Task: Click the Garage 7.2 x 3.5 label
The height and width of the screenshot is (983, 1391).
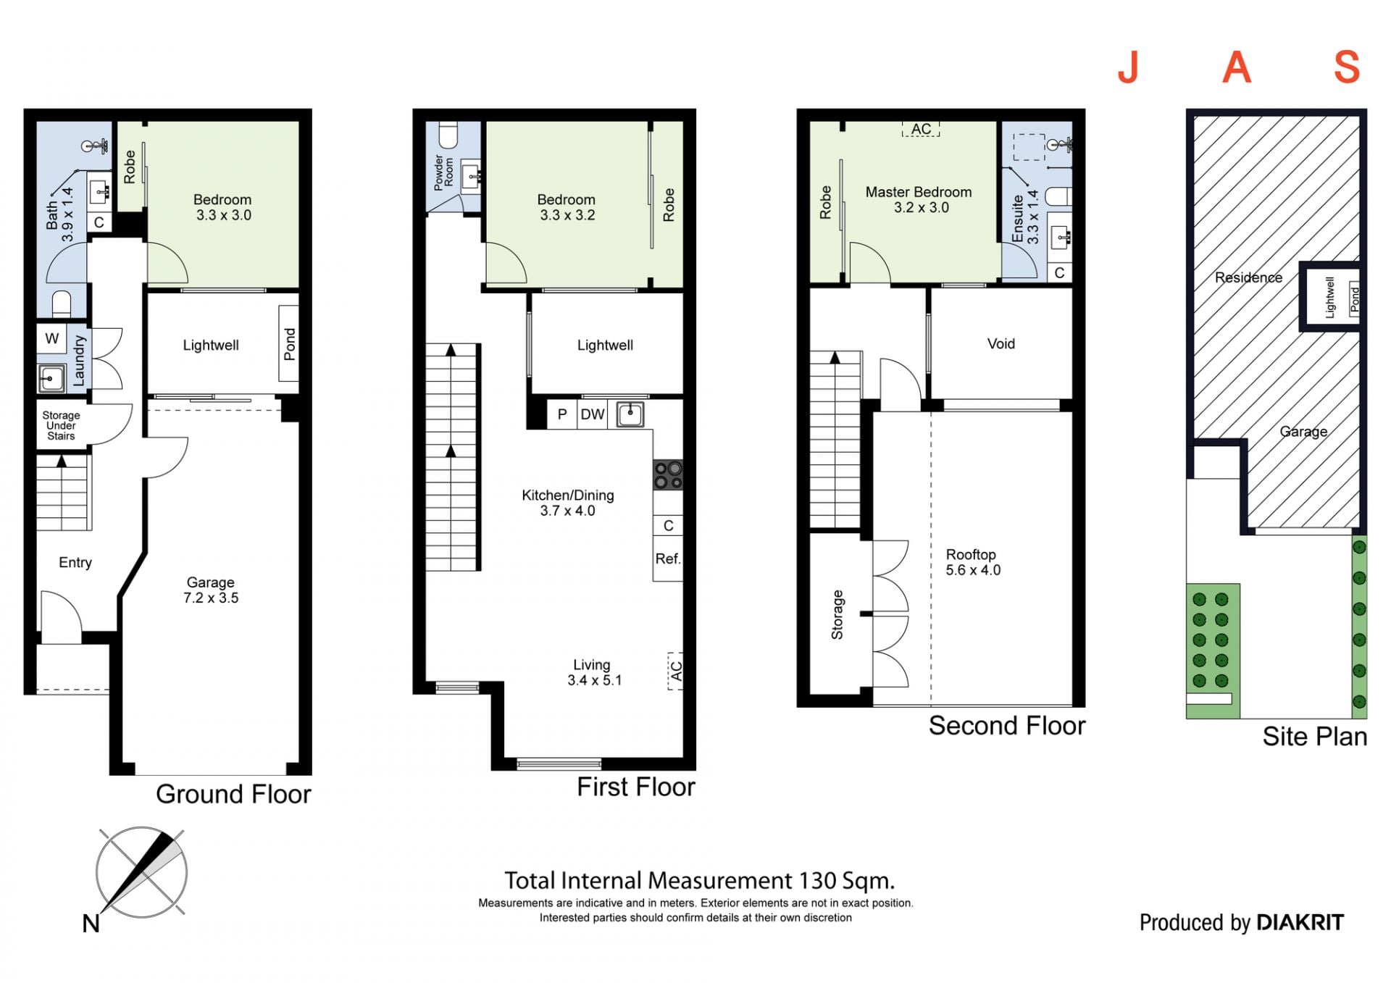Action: pyautogui.click(x=211, y=590)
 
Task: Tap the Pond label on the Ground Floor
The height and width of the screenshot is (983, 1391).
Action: pyautogui.click(x=290, y=344)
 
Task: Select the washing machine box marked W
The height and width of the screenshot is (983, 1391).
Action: pyautogui.click(x=52, y=338)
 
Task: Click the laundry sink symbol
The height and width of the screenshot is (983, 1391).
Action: pyautogui.click(x=51, y=378)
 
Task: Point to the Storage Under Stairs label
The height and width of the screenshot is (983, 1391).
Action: pyautogui.click(x=61, y=425)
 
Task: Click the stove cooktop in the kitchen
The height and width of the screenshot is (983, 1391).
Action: pyautogui.click(x=668, y=475)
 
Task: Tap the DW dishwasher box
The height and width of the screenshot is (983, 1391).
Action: pyautogui.click(x=593, y=414)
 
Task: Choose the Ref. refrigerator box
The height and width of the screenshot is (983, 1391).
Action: pyautogui.click(x=668, y=559)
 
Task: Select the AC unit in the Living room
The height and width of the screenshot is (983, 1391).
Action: pyautogui.click(x=675, y=671)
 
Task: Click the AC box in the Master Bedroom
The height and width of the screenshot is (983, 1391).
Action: pyautogui.click(x=921, y=129)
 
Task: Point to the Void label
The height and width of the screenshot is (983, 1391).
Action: pyautogui.click(x=1001, y=344)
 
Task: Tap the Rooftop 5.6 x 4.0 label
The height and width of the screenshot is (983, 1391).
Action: pyautogui.click(x=973, y=562)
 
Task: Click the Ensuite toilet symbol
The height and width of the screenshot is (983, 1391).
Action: pyautogui.click(x=1060, y=196)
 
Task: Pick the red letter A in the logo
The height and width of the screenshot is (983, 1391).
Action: pyautogui.click(x=1237, y=67)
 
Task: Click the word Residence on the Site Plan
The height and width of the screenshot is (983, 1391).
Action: pyautogui.click(x=1248, y=277)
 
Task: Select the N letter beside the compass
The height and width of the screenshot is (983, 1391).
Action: pyautogui.click(x=91, y=924)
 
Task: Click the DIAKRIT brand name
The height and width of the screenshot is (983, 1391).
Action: pyautogui.click(x=1300, y=922)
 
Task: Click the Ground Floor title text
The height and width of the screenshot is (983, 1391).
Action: pyautogui.click(x=233, y=794)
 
